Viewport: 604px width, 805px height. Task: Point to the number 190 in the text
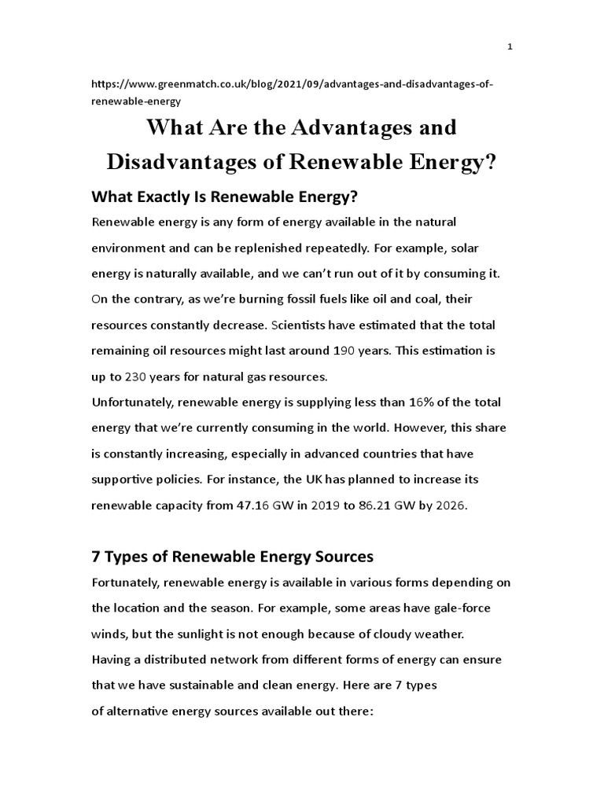pos(321,350)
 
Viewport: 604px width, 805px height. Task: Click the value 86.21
pos(385,506)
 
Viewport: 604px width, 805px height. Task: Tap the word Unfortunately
pos(131,402)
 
